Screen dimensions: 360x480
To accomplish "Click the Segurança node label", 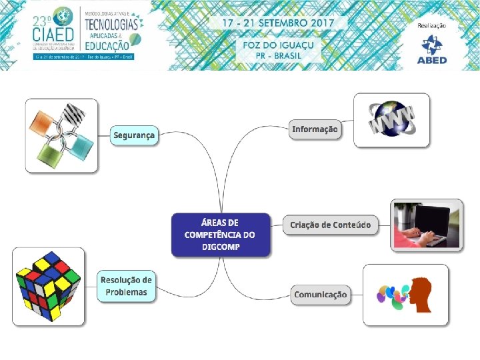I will coord(134,135).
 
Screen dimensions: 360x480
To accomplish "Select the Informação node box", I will coord(315,129).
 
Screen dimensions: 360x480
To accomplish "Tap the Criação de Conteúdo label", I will coord(330,225).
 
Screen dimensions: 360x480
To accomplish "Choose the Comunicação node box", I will coord(320,295).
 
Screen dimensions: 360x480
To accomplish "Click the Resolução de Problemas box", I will coord(126,286).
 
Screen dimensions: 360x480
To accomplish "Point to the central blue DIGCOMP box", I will coord(220,235).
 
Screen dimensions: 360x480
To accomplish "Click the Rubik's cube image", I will coord(49,287).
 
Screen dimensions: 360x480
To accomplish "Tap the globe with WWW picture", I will coord(391,119).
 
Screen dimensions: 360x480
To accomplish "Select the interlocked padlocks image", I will coord(62,135).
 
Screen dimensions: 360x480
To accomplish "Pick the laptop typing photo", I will coord(427,224).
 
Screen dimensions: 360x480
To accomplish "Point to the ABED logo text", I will coord(432,60).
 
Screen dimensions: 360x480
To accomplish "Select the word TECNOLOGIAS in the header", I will coord(111,24).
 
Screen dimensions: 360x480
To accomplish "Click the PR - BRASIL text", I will coord(278,55).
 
